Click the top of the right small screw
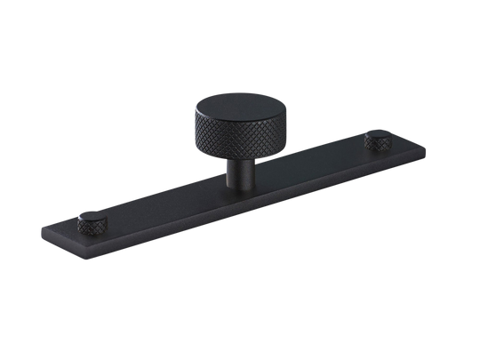click(x=380, y=135)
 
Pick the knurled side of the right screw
click(x=380, y=143)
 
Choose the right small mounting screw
click(x=380, y=140)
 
